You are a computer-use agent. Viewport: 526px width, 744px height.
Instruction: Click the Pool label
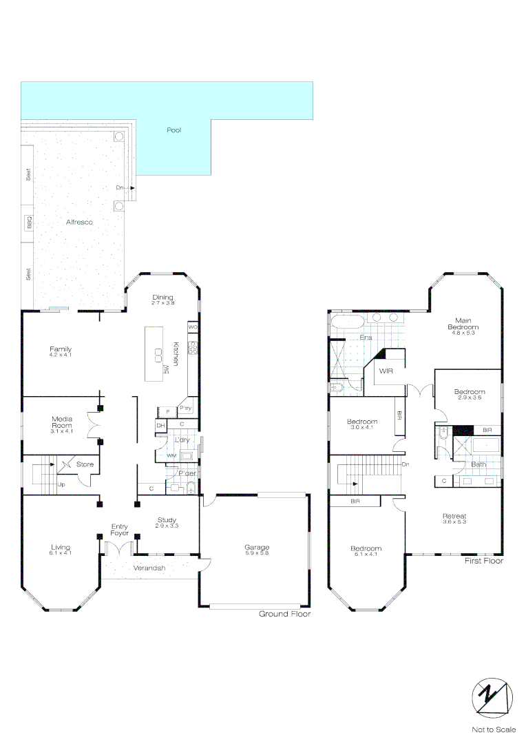click(173, 130)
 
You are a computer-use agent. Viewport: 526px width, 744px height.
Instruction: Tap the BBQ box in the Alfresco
click(30, 223)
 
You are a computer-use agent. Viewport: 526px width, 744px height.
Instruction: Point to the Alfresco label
click(78, 223)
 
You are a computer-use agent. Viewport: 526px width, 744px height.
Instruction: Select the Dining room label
click(162, 297)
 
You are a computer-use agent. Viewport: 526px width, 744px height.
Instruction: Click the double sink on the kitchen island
click(158, 356)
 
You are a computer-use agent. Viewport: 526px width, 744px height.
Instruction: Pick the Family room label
click(60, 349)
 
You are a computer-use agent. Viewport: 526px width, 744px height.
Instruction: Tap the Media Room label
click(62, 422)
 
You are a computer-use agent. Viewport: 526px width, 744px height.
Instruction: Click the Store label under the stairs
click(85, 464)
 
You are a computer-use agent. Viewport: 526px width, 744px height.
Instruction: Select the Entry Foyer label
click(120, 530)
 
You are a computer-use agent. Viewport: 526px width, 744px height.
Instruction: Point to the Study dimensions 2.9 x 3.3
click(167, 526)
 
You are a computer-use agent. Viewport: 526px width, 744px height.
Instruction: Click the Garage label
click(257, 547)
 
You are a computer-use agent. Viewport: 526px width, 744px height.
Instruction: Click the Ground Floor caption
click(284, 613)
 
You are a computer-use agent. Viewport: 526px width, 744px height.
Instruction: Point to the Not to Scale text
click(492, 729)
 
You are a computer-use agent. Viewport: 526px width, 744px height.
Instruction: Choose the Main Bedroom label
click(463, 323)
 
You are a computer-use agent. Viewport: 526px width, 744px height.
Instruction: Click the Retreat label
click(454, 516)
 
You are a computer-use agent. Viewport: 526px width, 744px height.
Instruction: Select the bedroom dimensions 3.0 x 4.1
click(361, 428)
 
